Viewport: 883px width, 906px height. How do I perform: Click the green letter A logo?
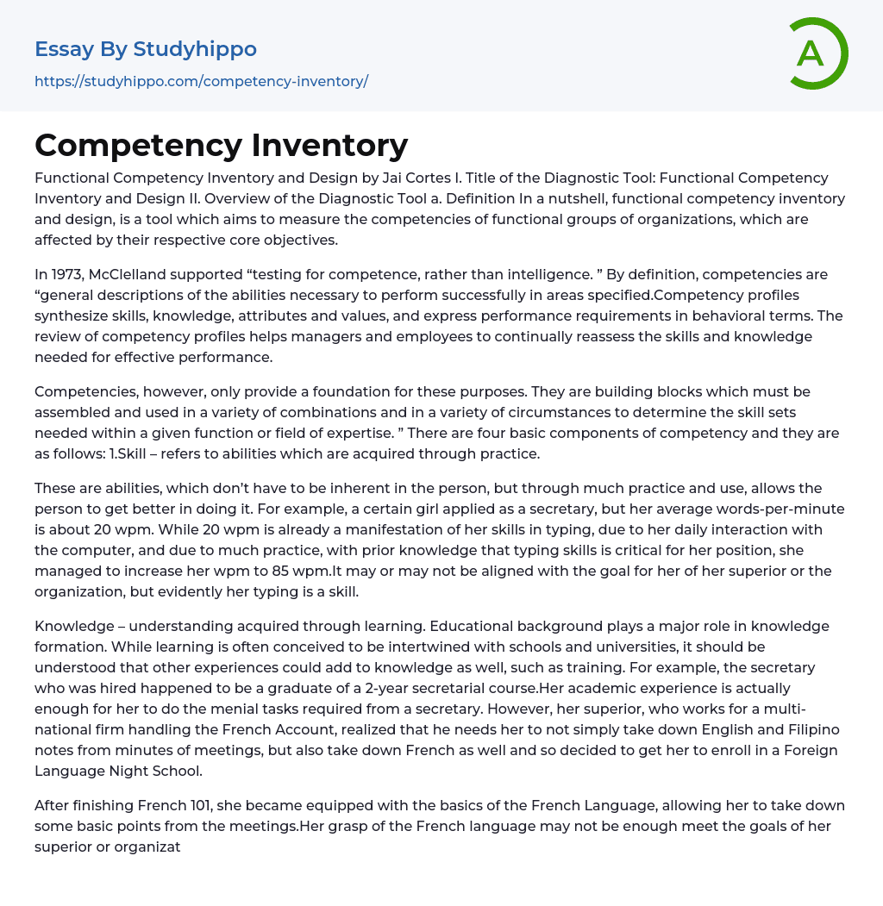pos(814,53)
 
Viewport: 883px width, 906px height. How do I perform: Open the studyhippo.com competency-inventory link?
pos(201,81)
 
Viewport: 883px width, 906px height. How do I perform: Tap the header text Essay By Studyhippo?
pos(146,49)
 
